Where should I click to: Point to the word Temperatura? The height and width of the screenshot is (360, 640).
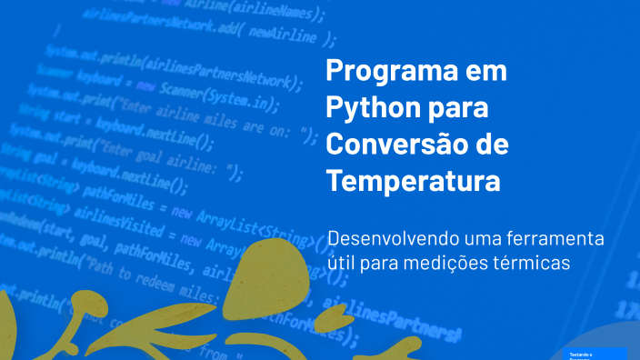[413, 181]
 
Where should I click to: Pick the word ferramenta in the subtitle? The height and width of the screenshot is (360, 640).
[563, 241]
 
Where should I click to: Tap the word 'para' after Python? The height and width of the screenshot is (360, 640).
[459, 107]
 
